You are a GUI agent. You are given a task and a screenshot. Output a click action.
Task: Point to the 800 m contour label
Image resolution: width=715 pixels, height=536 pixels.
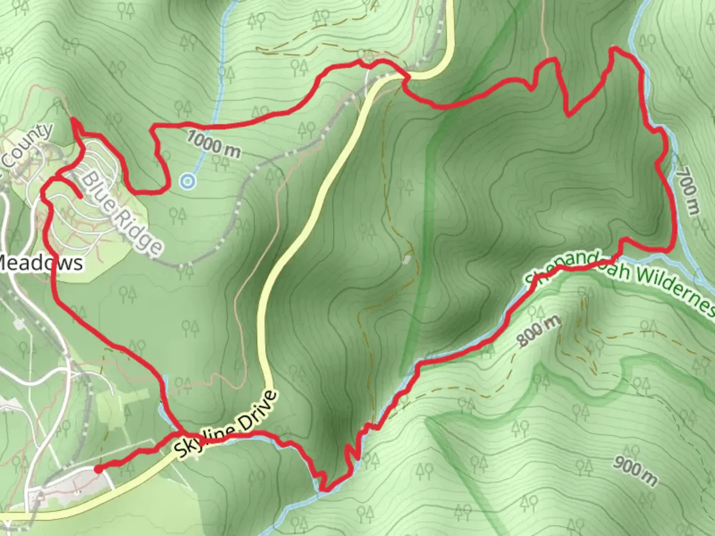pos(539,331)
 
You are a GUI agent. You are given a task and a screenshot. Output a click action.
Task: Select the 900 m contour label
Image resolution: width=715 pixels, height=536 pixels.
pos(635,471)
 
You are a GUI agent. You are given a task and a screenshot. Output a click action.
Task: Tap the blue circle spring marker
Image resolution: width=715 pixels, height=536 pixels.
pos(187,182)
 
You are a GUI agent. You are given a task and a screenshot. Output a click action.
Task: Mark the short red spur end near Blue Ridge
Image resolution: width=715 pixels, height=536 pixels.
pos(80,197)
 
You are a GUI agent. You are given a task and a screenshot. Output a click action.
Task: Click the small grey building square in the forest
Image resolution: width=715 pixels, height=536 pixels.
pos(408,260)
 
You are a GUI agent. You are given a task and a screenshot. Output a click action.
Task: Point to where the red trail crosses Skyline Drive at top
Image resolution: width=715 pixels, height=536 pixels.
pos(405,77)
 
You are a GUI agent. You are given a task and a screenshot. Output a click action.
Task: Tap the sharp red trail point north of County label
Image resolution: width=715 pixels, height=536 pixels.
pos(73,119)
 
